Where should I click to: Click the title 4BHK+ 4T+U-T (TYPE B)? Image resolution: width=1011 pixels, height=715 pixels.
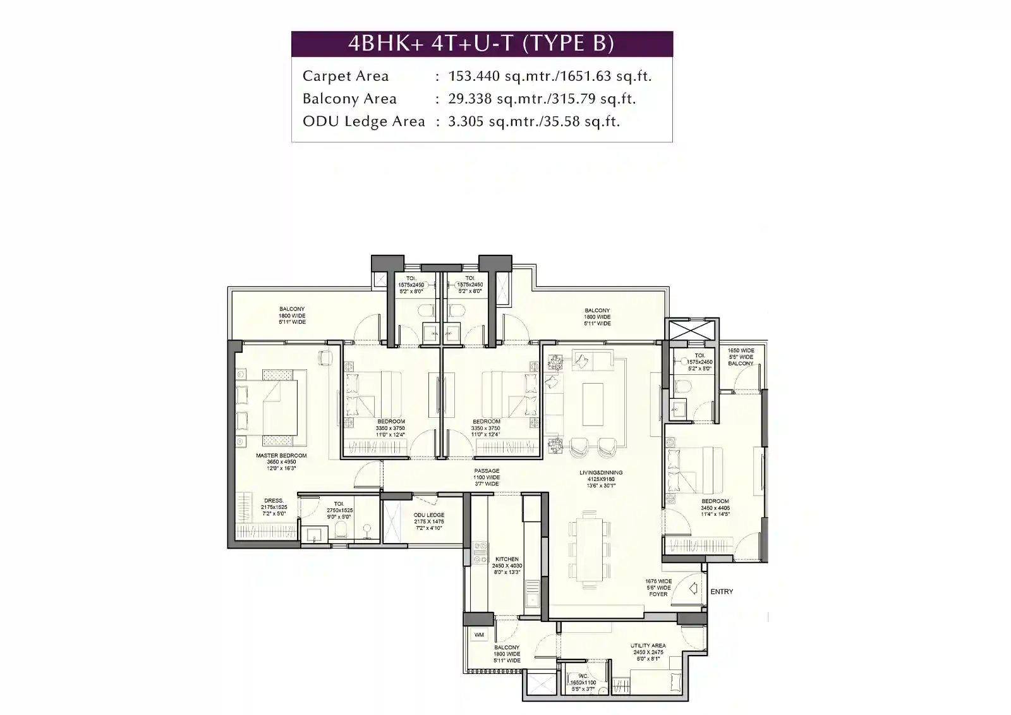481,44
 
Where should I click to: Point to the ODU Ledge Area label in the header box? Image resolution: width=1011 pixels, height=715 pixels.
363,121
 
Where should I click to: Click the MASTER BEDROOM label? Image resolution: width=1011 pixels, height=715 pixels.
281,455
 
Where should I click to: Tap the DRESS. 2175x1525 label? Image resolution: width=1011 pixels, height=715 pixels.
274,507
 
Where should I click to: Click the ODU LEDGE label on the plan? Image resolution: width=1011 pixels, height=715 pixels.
429,515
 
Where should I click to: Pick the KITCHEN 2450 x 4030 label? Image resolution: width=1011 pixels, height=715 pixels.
507,559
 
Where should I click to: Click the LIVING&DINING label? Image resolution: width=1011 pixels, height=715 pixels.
601,472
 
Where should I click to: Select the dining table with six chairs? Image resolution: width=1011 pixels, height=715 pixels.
589,545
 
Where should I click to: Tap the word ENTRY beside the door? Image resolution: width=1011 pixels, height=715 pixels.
722,592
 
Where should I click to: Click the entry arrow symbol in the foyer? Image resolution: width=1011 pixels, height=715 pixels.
693,589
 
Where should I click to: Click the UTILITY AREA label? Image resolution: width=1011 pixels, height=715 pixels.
648,646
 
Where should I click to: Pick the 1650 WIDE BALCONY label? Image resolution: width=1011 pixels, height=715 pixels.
741,357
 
